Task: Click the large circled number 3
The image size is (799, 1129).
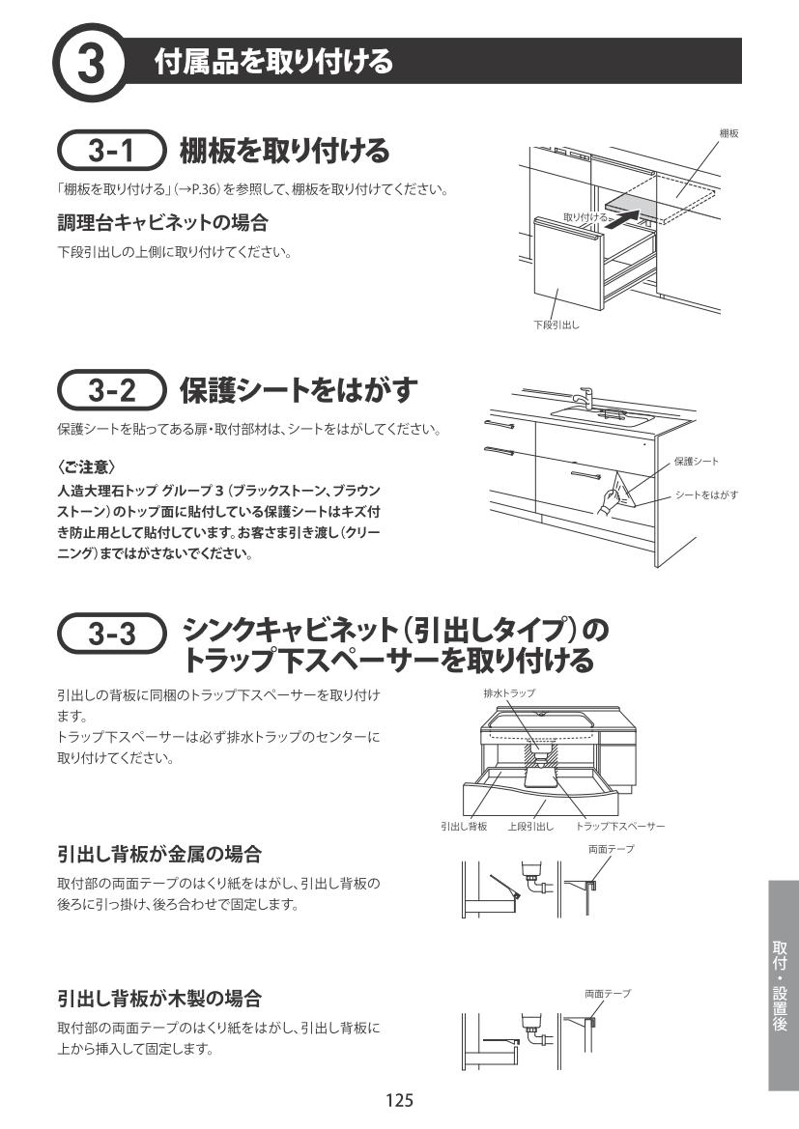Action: tap(91, 63)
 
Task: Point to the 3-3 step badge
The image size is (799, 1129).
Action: tap(112, 633)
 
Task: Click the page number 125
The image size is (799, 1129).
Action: tap(399, 1100)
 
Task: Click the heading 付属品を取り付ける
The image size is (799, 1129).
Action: tap(273, 62)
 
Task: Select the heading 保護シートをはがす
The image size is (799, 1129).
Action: tap(299, 389)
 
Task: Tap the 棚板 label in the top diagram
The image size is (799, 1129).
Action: tap(728, 133)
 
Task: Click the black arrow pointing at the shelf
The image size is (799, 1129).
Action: tap(619, 218)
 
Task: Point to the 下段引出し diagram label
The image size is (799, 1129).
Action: tap(556, 325)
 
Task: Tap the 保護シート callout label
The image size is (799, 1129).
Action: tap(697, 461)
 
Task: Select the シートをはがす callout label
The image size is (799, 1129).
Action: tap(707, 494)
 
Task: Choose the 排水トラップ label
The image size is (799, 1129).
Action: tap(509, 692)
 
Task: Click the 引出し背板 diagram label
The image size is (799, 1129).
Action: tap(464, 827)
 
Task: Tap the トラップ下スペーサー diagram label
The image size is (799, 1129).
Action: tap(620, 827)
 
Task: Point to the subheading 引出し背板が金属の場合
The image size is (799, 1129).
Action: tap(159, 855)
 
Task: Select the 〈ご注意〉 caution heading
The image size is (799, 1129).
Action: tap(86, 467)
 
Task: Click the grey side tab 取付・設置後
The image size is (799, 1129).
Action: tap(782, 985)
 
